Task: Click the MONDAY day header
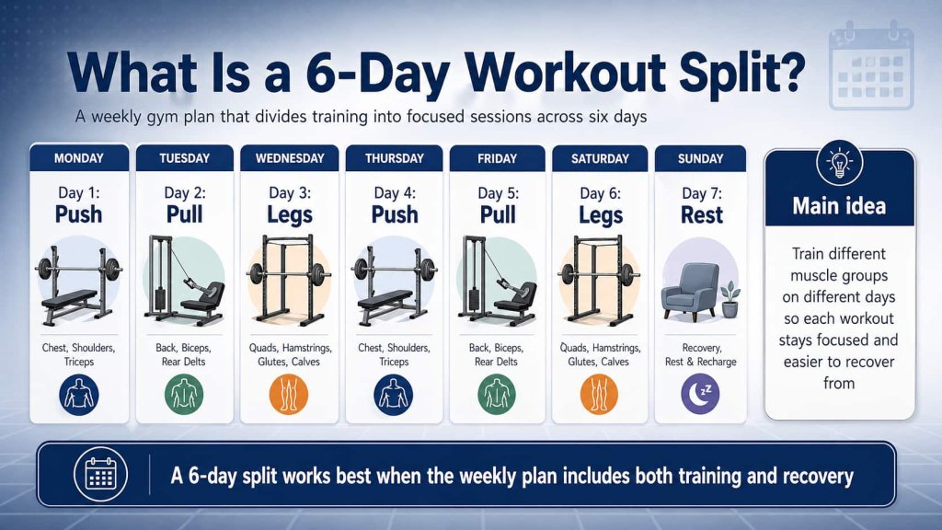pyautogui.click(x=78, y=158)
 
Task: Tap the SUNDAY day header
pyautogui.click(x=700, y=158)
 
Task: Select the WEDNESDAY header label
pyautogui.click(x=290, y=158)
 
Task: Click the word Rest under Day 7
pyautogui.click(x=701, y=214)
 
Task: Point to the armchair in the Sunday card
pyautogui.click(x=689, y=290)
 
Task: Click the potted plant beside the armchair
pyautogui.click(x=730, y=300)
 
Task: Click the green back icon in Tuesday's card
pyautogui.click(x=184, y=393)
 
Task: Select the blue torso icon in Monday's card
pyautogui.click(x=79, y=393)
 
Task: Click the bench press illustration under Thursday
pyautogui.click(x=394, y=282)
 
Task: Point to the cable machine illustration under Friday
pyautogui.click(x=498, y=280)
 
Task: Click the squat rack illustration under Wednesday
pyautogui.click(x=290, y=280)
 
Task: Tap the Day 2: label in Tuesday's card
pyautogui.click(x=184, y=192)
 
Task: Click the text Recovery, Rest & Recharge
pyautogui.click(x=700, y=354)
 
